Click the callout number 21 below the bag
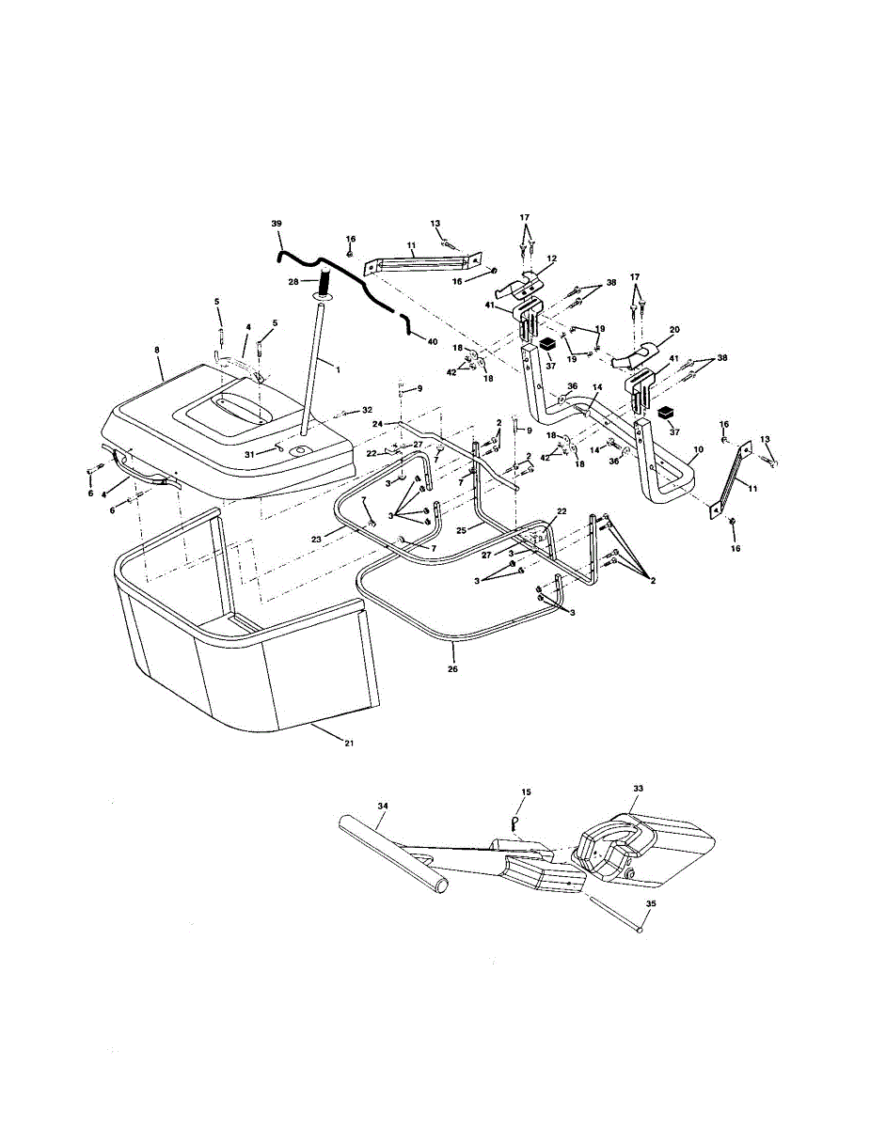[x=350, y=743]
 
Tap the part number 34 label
[x=382, y=807]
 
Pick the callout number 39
[x=276, y=224]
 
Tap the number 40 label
[x=432, y=341]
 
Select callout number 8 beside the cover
[x=156, y=350]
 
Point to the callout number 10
[x=697, y=450]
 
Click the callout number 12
[x=551, y=258]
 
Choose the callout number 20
[x=673, y=330]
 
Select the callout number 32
[x=368, y=411]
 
